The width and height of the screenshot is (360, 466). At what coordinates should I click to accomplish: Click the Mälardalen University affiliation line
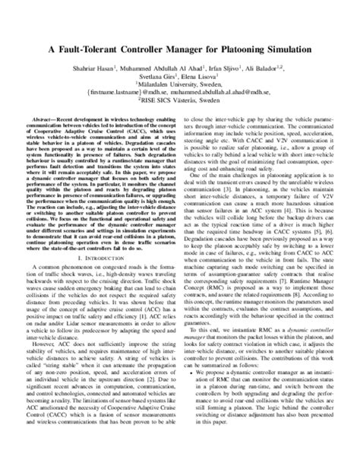coord(180,84)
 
